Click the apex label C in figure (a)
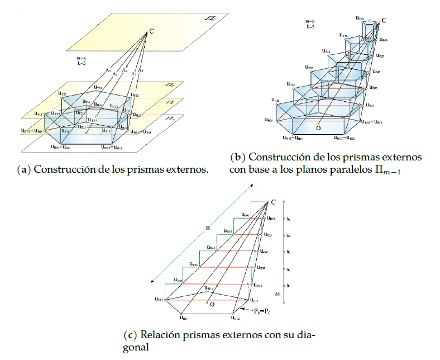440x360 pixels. click(152, 32)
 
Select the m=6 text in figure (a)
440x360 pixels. click(81, 58)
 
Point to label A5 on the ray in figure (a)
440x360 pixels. click(108, 70)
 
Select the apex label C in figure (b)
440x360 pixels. click(384, 21)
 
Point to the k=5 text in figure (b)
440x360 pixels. click(310, 26)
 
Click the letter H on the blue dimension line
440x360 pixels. click(207, 228)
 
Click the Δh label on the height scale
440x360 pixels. click(278, 293)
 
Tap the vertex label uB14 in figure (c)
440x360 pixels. click(207, 288)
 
